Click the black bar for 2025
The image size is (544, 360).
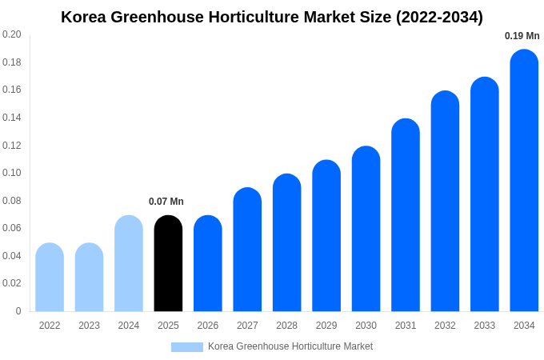pyautogui.click(x=168, y=264)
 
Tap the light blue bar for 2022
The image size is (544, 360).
pyautogui.click(x=50, y=278)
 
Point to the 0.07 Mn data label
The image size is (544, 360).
pyautogui.click(x=166, y=202)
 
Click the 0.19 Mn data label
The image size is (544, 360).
pyautogui.click(x=522, y=36)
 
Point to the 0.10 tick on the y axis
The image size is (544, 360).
pyautogui.click(x=12, y=173)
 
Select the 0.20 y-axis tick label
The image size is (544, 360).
pyautogui.click(x=12, y=34)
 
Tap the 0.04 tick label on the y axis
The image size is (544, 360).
pyautogui.click(x=12, y=256)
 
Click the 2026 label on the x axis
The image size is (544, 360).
pyautogui.click(x=208, y=326)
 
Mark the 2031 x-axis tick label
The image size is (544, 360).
pyautogui.click(x=406, y=326)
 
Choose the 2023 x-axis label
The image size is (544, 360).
pyautogui.click(x=89, y=326)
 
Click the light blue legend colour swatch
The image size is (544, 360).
pyautogui.click(x=186, y=347)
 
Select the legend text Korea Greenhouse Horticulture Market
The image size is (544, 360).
pyautogui.click(x=290, y=346)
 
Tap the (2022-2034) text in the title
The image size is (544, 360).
pyautogui.click(x=439, y=17)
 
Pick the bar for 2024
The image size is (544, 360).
pyautogui.click(x=129, y=264)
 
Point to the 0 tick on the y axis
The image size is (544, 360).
pyautogui.click(x=18, y=311)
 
